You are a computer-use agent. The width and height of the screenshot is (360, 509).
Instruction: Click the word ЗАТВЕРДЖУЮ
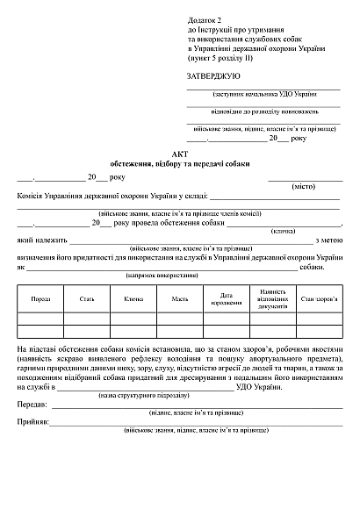click(215, 76)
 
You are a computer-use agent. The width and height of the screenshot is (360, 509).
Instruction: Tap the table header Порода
click(40, 299)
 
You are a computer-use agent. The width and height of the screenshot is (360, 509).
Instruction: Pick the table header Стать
click(87, 299)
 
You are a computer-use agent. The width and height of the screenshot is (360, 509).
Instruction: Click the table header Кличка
click(133, 299)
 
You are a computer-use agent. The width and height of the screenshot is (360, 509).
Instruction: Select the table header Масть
click(180, 299)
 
